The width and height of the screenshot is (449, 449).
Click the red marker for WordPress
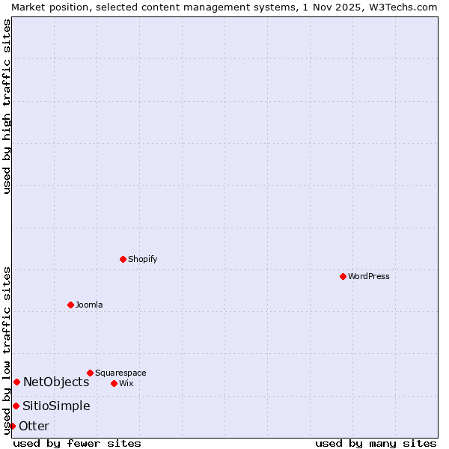pos(343,276)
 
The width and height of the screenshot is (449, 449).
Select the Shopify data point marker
pos(123,259)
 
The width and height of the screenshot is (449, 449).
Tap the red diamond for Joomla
pos(70,305)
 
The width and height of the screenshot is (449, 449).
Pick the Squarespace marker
pos(90,373)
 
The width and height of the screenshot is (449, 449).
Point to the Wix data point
pos(114,383)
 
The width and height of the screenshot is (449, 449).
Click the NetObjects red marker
pos(16,382)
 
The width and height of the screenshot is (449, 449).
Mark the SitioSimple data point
pos(16,406)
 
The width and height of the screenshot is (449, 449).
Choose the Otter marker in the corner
pos(12,426)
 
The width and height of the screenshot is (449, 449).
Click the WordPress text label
pos(369,276)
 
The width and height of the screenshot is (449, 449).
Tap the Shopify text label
pos(143,259)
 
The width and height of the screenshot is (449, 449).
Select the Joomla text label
pos(89,305)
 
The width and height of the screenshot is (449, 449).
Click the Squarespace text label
pos(120,373)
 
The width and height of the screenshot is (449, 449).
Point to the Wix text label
pos(126,383)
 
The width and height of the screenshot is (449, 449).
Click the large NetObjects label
pos(56,382)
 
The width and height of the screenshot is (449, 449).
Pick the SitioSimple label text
pos(56,406)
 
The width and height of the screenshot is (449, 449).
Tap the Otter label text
pos(34,426)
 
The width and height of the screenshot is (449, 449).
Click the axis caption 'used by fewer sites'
pos(77,443)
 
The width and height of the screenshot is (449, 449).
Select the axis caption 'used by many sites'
pos(376,443)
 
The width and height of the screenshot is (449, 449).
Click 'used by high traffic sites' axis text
pos(7,106)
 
